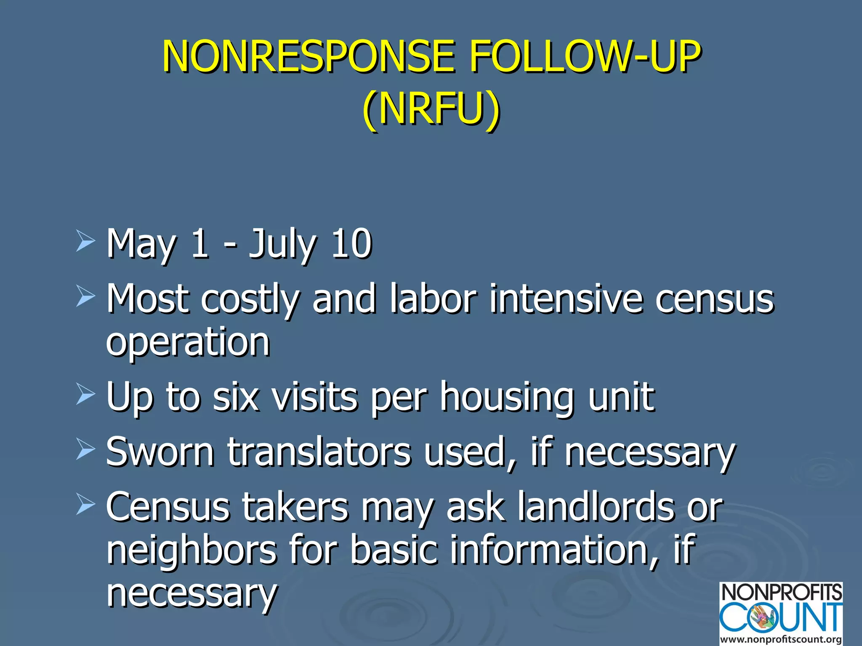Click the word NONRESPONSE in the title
click(x=309, y=57)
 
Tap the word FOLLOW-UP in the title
click(x=585, y=57)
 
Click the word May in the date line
click(x=141, y=245)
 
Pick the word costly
click(x=250, y=299)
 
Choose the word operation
click(x=188, y=343)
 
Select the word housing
click(x=507, y=397)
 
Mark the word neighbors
click(x=192, y=550)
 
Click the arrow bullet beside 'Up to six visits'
click(x=85, y=396)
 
